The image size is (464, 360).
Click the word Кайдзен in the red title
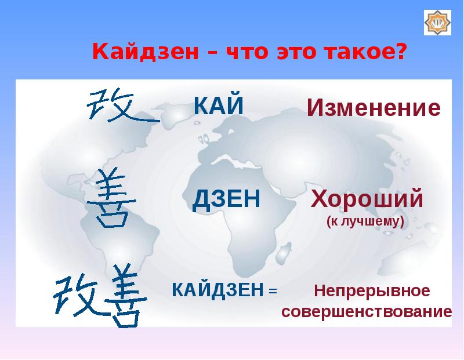[146, 51]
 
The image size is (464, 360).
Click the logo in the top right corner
[437, 23]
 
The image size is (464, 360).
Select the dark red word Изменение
[374, 108]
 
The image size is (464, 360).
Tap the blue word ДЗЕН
[226, 199]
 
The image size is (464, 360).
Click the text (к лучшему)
[365, 221]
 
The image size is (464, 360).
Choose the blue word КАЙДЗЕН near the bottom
[218, 290]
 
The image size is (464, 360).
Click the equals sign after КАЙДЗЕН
[273, 291]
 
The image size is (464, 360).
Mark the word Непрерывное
[372, 291]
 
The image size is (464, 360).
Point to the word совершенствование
[367, 311]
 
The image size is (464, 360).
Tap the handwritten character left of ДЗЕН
[111, 198]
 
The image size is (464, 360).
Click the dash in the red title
[213, 52]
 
